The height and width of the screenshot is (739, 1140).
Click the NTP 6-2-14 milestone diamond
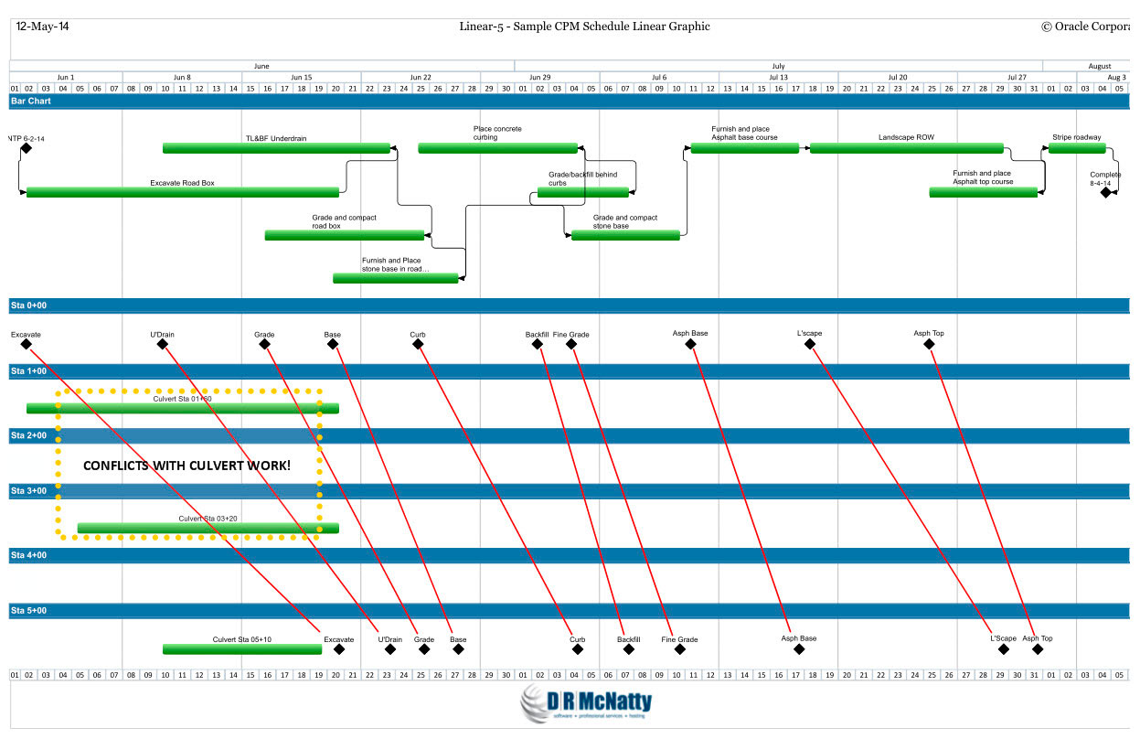[x=27, y=148]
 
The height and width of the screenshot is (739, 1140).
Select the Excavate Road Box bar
[x=183, y=192]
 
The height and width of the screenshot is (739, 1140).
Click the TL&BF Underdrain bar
[x=276, y=148]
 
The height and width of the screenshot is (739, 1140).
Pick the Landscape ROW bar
[x=906, y=148]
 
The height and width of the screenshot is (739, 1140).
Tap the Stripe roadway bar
[x=1076, y=148]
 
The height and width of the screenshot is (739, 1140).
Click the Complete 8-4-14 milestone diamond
[x=1106, y=192]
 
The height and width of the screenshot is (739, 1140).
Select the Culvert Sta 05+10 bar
[x=242, y=649]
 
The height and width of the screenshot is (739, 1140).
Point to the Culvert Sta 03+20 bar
[x=208, y=528]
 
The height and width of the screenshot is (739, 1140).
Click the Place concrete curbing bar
[x=497, y=148]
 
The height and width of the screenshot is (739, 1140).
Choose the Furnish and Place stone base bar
[x=395, y=278]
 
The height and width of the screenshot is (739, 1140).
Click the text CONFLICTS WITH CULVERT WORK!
[x=186, y=466]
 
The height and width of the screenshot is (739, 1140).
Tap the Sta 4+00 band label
[x=28, y=555]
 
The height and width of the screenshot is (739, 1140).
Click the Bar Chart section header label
[x=30, y=101]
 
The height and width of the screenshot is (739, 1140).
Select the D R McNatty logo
[x=586, y=704]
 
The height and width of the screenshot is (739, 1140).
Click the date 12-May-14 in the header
[x=42, y=27]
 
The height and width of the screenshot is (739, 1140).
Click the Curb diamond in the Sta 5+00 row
[x=578, y=649]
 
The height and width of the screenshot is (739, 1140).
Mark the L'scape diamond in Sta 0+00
[x=810, y=344]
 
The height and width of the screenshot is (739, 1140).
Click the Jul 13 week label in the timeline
[x=778, y=78]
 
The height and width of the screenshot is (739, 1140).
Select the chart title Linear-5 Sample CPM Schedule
[x=584, y=27]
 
